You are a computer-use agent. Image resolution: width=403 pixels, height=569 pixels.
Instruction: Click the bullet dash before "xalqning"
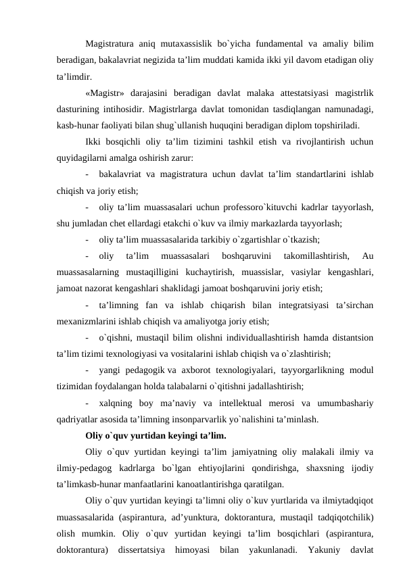pos(89,403)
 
